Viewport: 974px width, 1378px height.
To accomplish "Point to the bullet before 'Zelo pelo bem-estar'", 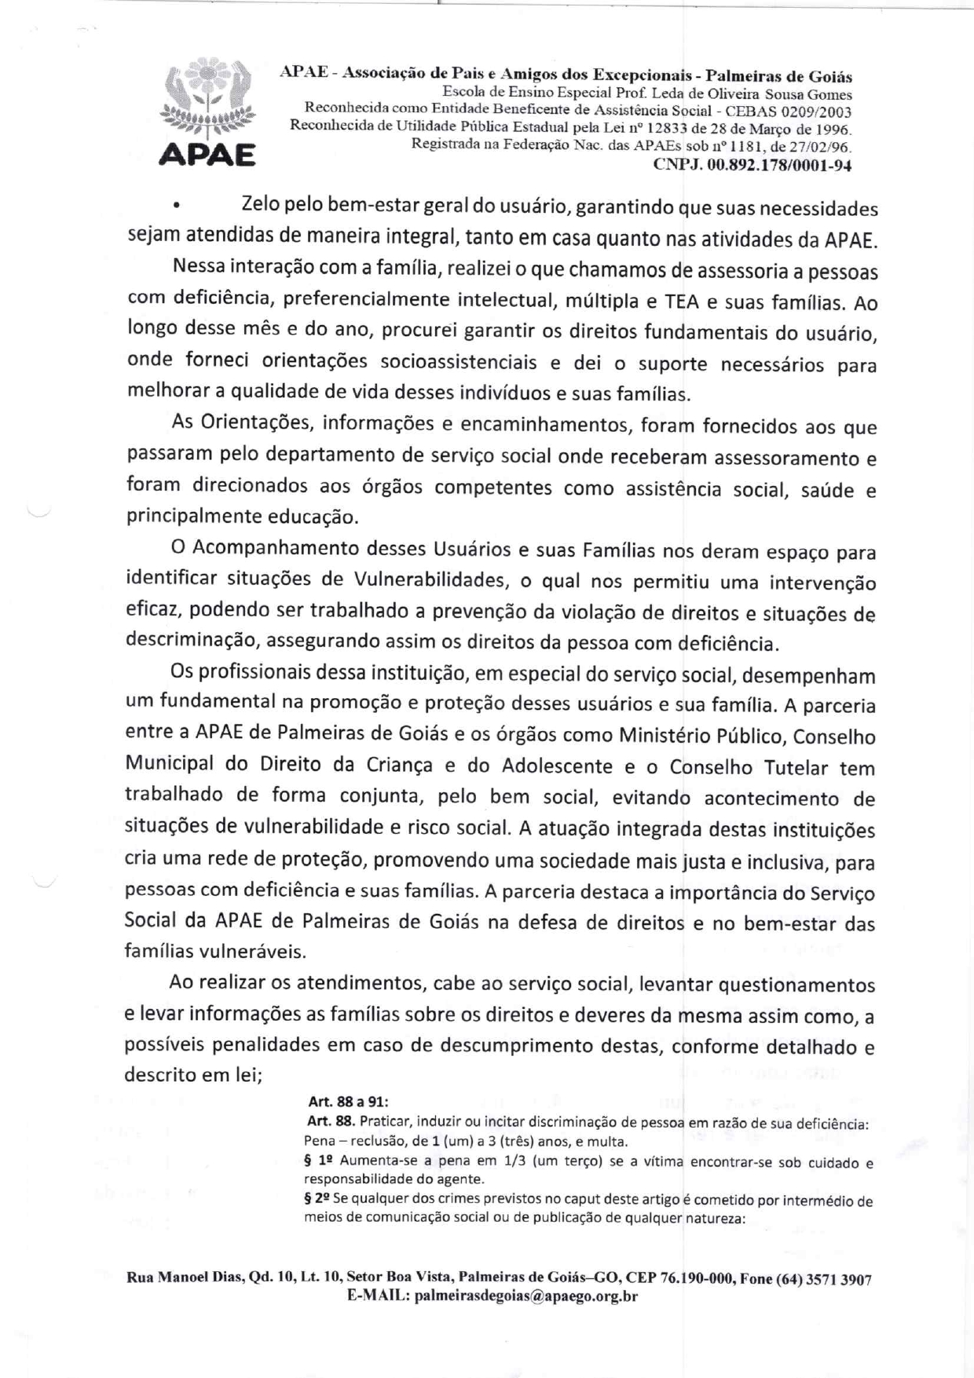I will pos(178,207).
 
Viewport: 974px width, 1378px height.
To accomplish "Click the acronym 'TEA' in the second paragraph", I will pos(683,302).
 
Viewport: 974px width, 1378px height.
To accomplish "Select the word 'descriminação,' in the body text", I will pos(192,640).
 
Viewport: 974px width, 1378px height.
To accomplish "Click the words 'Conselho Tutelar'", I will pos(749,767).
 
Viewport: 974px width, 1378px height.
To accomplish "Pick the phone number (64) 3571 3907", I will pos(823,1279).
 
